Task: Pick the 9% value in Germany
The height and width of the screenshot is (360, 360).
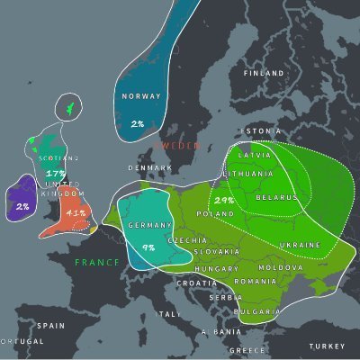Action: click(x=148, y=246)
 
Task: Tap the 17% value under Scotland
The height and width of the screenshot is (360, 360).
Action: click(x=56, y=173)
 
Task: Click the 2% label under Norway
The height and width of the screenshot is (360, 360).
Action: click(x=138, y=123)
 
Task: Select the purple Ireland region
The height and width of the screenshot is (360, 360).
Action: click(x=20, y=198)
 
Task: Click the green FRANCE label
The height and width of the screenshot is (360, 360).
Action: click(x=96, y=262)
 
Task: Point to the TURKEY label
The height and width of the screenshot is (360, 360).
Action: click(x=326, y=346)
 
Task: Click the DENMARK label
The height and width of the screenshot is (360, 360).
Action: click(x=148, y=167)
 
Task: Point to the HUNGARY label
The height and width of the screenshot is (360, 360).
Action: click(x=216, y=269)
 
